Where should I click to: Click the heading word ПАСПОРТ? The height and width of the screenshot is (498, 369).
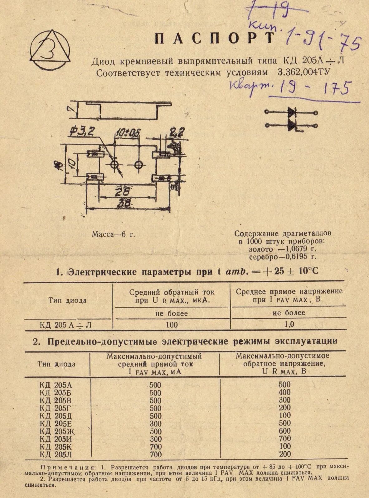click(215, 39)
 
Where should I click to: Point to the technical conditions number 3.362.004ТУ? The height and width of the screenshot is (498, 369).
click(303, 73)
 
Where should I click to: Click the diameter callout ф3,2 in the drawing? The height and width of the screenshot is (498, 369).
click(82, 132)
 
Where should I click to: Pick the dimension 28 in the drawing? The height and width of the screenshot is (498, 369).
click(123, 192)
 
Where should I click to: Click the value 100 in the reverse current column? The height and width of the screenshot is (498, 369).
click(172, 325)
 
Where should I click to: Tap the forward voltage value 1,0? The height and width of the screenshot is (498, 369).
click(289, 325)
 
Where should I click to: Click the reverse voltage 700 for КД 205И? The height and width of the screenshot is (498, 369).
click(284, 439)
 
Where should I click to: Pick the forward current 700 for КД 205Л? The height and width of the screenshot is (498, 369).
click(156, 454)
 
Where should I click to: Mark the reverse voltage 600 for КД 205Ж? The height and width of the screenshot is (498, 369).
click(284, 431)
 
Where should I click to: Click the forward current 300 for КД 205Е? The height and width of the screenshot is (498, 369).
click(156, 424)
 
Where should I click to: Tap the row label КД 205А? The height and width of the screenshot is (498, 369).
click(56, 385)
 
